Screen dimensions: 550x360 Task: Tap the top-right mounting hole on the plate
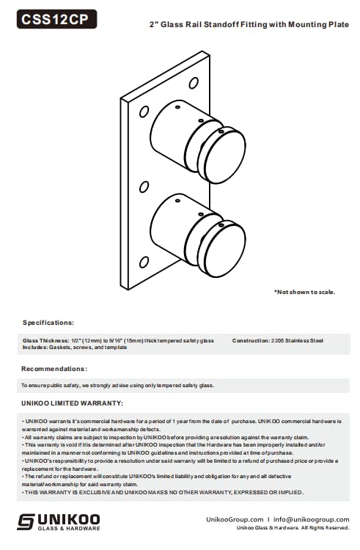click(194, 83)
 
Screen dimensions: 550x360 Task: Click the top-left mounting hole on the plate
click(144, 111)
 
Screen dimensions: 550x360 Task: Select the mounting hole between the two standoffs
click(144, 186)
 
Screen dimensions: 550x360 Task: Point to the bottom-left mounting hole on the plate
click(145, 260)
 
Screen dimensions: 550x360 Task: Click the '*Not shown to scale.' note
click(304, 292)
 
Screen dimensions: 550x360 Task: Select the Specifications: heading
click(48, 322)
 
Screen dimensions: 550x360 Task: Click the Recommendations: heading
click(54, 368)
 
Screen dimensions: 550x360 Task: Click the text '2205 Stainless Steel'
click(297, 341)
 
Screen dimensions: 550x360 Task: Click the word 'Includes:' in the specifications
click(36, 347)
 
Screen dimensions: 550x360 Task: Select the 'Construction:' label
click(250, 341)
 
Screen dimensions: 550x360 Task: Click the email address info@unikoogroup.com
click(312, 518)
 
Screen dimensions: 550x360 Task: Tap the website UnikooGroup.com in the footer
click(236, 518)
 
